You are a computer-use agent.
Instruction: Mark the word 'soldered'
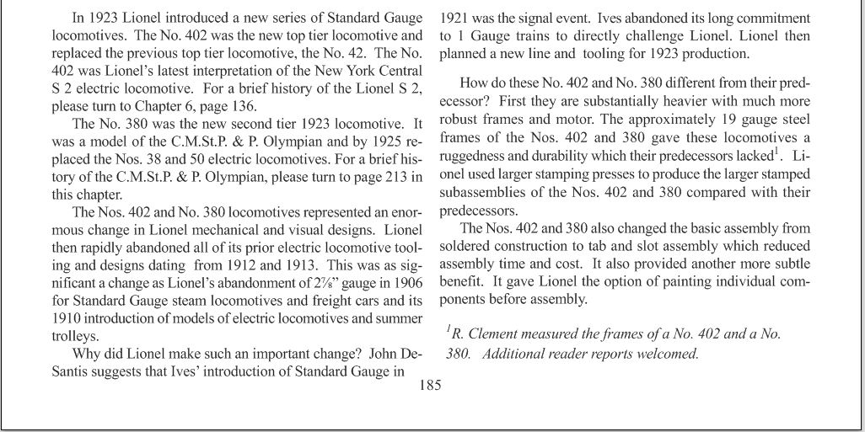466,244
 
